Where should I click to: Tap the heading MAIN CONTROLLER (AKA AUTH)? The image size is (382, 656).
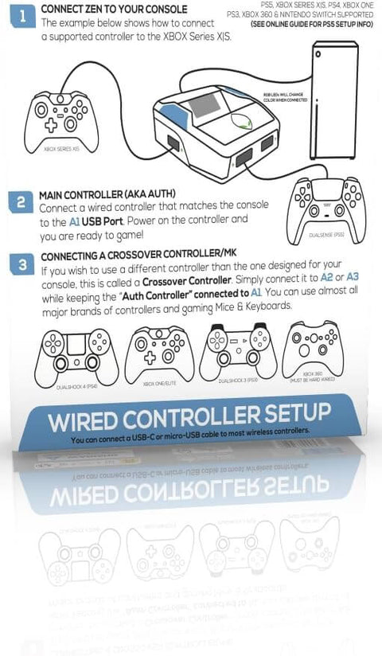coord(107,193)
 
